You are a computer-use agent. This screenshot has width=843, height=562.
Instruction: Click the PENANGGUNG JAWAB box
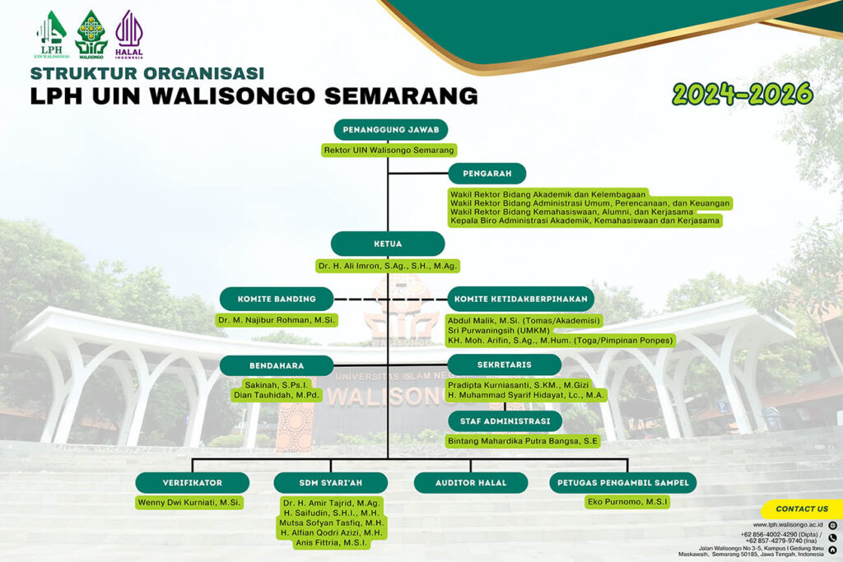391,129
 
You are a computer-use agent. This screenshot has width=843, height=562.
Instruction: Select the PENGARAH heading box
487,174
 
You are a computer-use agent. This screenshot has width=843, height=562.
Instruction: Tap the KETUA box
388,244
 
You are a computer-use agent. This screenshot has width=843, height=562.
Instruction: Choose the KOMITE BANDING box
277,299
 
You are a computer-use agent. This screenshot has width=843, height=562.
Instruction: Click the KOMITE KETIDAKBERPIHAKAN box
521,299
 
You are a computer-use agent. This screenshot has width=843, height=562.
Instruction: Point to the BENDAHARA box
277,365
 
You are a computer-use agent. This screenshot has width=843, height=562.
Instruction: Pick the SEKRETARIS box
505,365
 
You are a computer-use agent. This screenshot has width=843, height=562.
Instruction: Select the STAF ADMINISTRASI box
505,421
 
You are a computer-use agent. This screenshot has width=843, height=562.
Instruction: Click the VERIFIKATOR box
193,482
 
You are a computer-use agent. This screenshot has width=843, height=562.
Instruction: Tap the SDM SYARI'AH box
331,482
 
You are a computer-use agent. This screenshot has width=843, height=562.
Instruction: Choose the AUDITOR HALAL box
471,482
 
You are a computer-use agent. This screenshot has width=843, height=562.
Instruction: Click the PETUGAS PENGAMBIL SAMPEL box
623,482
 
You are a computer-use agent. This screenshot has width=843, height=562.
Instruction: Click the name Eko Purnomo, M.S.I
627,502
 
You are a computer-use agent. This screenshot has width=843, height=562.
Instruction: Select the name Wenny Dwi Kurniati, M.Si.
189,503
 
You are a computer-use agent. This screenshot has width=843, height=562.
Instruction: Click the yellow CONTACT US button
802,509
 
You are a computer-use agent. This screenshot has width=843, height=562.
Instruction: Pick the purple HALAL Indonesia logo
129,35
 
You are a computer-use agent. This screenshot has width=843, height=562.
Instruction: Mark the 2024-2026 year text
743,94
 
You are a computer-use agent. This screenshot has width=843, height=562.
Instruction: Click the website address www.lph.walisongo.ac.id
788,525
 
